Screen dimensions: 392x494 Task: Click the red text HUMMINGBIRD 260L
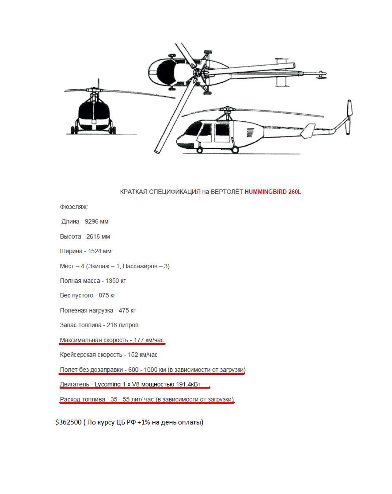[273, 192]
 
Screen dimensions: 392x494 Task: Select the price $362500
[68, 422]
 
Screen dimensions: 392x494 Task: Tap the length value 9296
[91, 221]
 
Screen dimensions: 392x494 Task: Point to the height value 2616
[93, 236]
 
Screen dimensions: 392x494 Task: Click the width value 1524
[95, 251]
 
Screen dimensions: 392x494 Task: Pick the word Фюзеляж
[74, 207]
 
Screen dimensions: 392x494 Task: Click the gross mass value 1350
[112, 281]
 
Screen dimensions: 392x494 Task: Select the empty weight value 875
[103, 296]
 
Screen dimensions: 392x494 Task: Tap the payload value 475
[124, 310]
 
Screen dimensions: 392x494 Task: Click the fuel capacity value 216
[112, 325]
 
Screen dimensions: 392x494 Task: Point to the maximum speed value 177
[139, 340]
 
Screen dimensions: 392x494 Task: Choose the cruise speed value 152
[133, 355]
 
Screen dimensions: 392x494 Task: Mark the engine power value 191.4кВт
[188, 384]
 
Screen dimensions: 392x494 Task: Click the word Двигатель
[75, 384]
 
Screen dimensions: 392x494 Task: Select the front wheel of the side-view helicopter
[199, 150]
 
